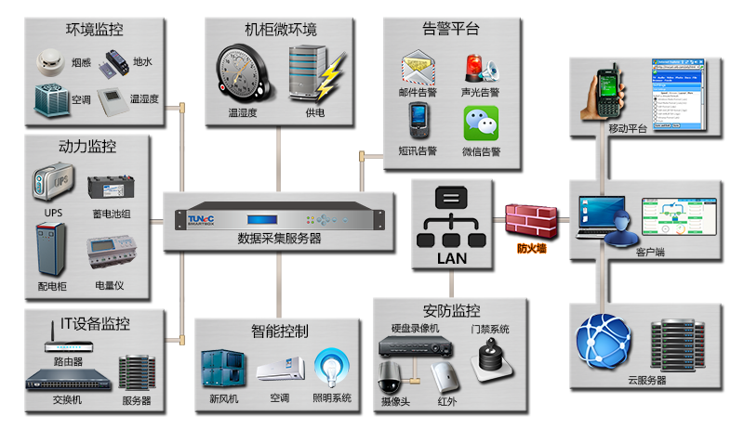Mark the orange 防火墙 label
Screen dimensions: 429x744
(x=532, y=249)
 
